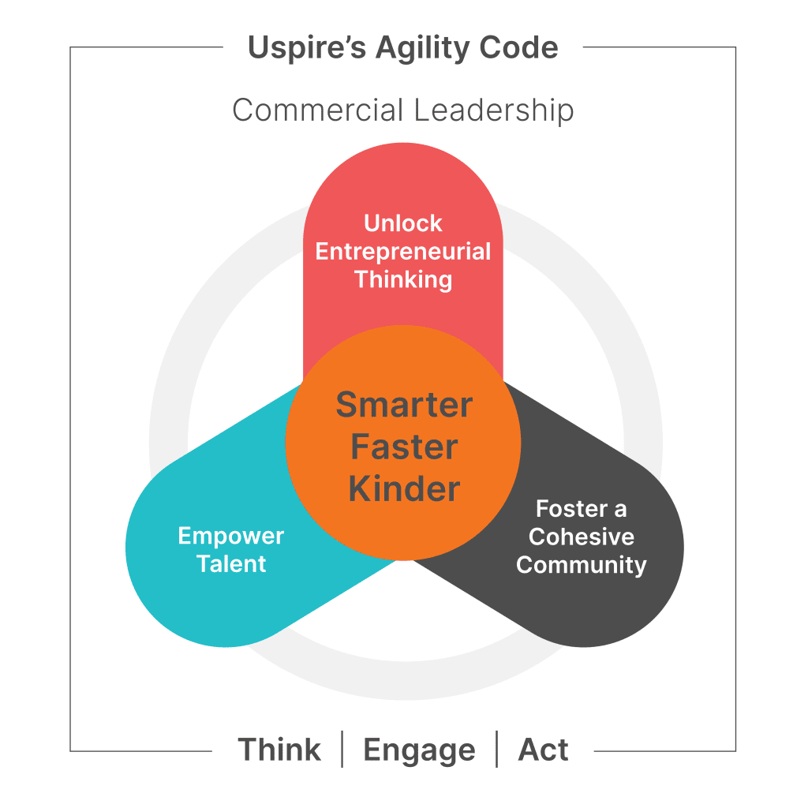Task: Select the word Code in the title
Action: pos(519,48)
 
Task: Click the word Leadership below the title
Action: pos(494,110)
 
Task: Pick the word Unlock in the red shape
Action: pos(403,223)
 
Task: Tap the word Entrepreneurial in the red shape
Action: pos(403,252)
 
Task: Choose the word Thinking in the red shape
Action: pos(403,279)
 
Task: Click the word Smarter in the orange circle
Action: pos(404,405)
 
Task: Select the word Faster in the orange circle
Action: pos(404,447)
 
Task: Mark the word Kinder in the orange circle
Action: pos(404,489)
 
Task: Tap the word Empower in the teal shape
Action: pos(231,537)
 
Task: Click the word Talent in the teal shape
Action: pos(231,564)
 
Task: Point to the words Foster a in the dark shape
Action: pos(582,509)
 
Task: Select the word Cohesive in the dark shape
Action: pos(582,537)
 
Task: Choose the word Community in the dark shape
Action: pos(582,565)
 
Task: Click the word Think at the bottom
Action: pos(279,750)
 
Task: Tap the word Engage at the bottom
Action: pos(419,750)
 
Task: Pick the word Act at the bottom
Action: pos(543,750)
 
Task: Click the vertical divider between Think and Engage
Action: pos(342,750)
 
